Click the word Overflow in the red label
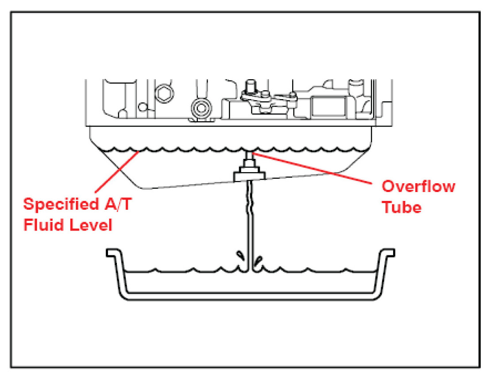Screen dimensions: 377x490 [418, 186]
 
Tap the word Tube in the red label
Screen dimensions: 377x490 [401, 207]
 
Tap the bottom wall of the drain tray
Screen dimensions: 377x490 [250, 296]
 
